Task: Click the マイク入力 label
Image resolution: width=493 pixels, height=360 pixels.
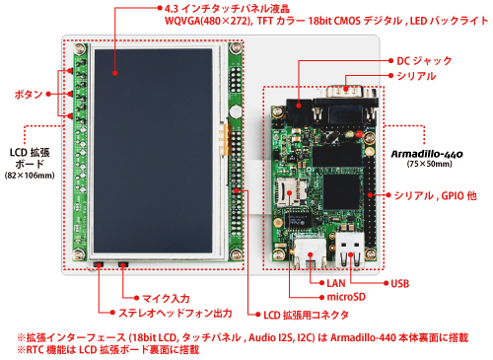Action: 154,297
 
